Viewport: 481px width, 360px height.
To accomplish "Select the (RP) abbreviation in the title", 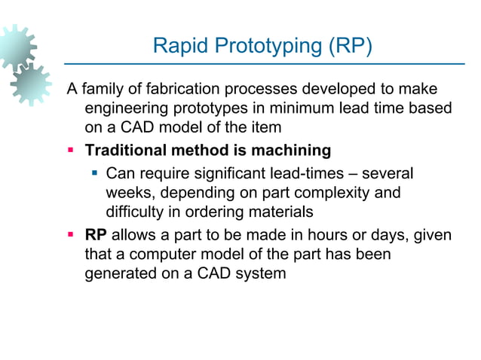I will pos(347,47).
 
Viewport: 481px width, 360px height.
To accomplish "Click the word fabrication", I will pos(180,90).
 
